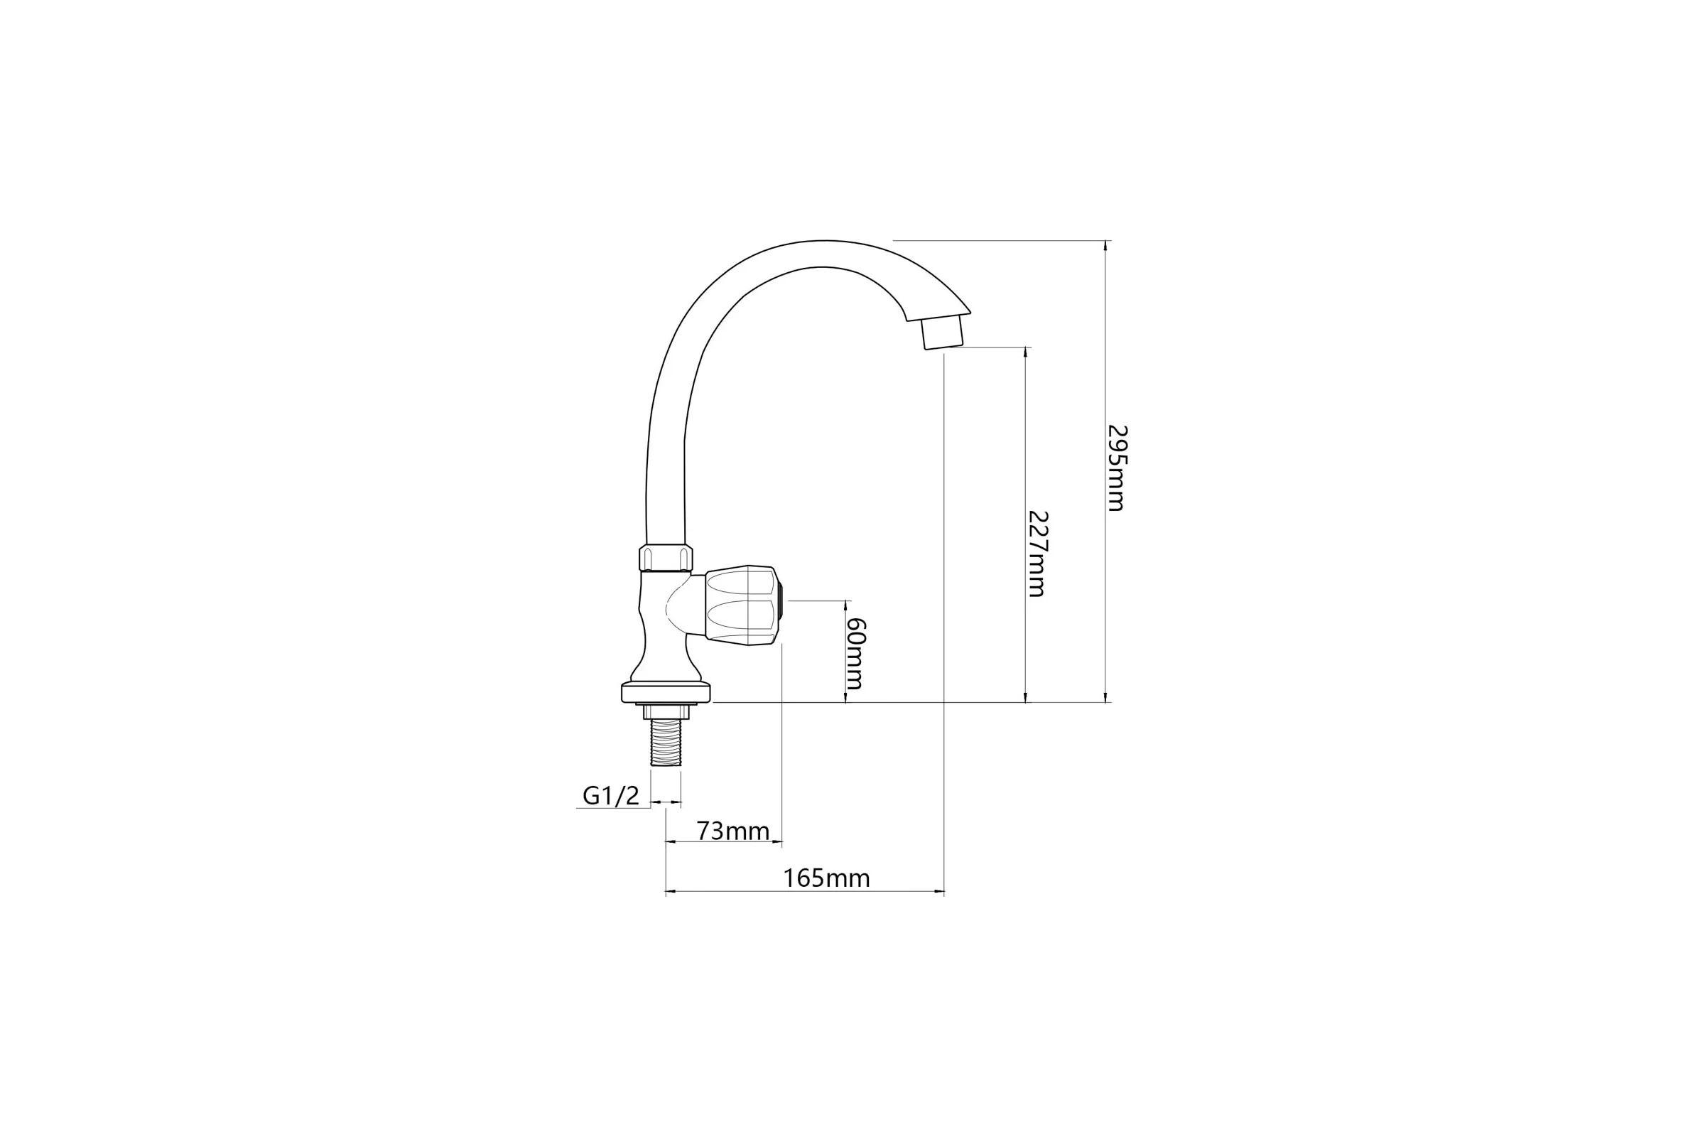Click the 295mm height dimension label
pos(1116,468)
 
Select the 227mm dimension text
pos(1037,554)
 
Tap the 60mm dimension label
pos(855,653)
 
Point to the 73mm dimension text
pos(733,831)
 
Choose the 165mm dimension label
pos(826,878)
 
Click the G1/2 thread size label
pos(611,796)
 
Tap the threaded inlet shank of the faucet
pos(666,742)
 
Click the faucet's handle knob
pos(742,605)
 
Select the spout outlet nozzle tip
pos(942,332)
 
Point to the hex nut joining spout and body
pos(666,558)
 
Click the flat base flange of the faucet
pos(666,692)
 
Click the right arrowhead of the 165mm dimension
pos(939,891)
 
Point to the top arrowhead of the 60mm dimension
pos(845,605)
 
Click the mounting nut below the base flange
pos(666,711)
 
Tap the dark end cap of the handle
pos(780,605)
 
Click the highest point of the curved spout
pos(824,241)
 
